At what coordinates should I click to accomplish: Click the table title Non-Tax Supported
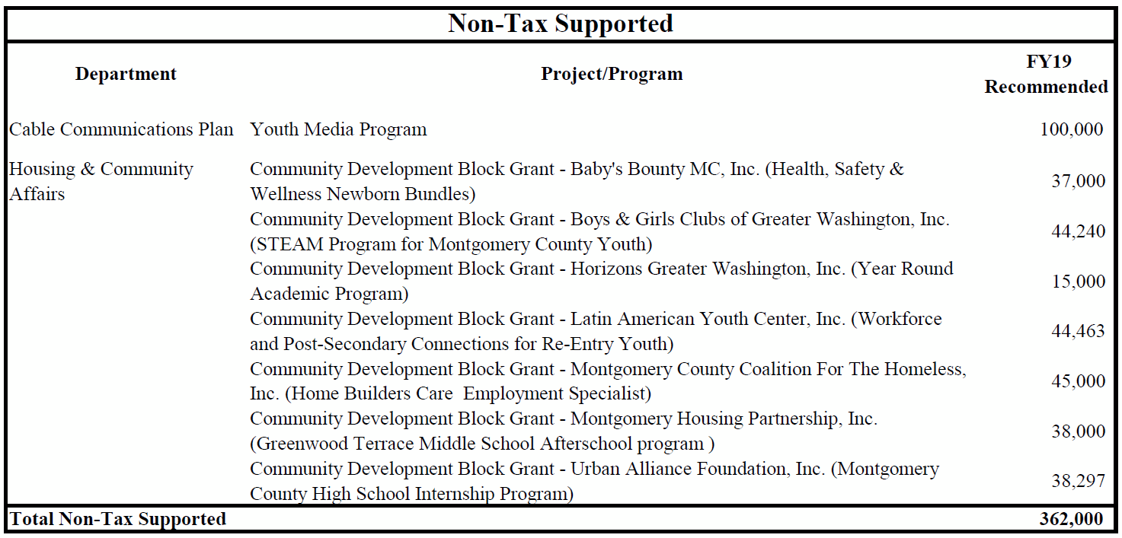tap(561, 24)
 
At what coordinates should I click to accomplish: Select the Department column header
tap(126, 74)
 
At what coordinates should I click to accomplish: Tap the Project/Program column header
tap(612, 74)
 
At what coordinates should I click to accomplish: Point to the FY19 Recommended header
tap(1046, 75)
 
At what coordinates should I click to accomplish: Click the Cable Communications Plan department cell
tap(121, 129)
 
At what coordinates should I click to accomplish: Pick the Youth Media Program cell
tap(338, 129)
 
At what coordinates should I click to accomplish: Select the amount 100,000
tap(1071, 129)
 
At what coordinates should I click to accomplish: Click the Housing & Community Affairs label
tap(101, 181)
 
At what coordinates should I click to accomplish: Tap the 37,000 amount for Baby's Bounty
tap(1078, 181)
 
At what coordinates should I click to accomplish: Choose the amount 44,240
tap(1078, 231)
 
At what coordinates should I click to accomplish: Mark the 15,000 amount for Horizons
tap(1078, 282)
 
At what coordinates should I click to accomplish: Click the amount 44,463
tap(1078, 331)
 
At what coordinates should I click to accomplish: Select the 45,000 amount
tap(1078, 381)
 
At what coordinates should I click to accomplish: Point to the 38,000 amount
tap(1078, 431)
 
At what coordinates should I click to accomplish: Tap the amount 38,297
tap(1078, 481)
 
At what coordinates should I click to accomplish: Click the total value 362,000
tap(1071, 519)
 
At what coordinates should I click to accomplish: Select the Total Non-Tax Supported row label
tap(118, 519)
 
